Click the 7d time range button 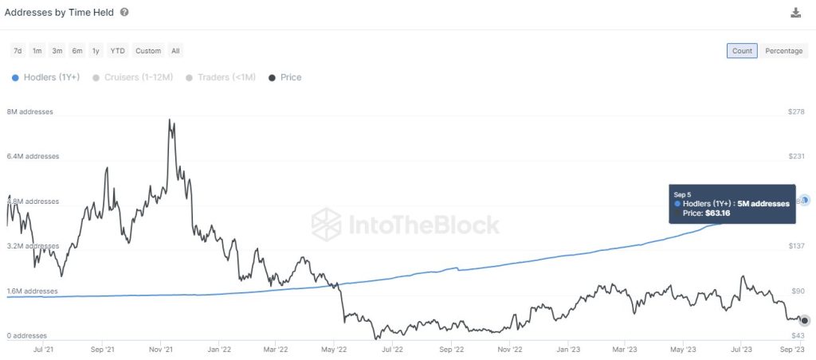click(x=18, y=51)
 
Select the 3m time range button click(x=57, y=51)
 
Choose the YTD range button click(x=117, y=51)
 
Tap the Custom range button click(x=148, y=51)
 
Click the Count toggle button click(x=742, y=51)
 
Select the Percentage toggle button click(x=783, y=51)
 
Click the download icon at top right click(x=795, y=13)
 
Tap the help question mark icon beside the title click(x=124, y=13)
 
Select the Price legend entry click(x=285, y=77)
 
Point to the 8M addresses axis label click(x=29, y=112)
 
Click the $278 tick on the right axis click(x=795, y=112)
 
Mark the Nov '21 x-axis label click(x=162, y=349)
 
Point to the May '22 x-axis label click(x=335, y=349)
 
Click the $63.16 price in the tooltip click(x=716, y=213)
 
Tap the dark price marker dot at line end click(x=805, y=320)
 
